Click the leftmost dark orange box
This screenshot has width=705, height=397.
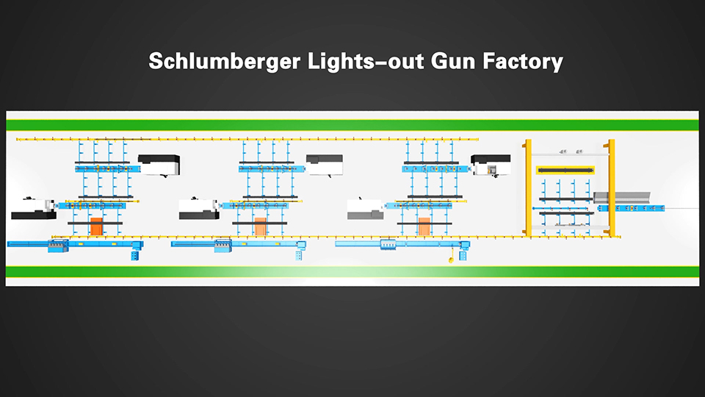coord(96,226)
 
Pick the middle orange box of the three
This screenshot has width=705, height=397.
coord(261,226)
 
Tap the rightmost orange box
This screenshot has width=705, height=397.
coord(424,226)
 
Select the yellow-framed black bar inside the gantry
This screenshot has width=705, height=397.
coord(565,171)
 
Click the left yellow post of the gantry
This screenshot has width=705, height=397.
coord(527,188)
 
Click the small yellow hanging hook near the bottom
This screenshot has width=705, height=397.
coord(449,259)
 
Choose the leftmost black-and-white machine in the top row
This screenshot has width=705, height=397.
coord(159,165)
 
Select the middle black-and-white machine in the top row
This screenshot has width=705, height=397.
coord(324,165)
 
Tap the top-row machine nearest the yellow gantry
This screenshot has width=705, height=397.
coord(490,165)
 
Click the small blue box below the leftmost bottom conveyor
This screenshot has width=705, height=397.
coord(134,255)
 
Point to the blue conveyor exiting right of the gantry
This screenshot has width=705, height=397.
coord(631,208)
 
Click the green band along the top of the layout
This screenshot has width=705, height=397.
coord(352,124)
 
